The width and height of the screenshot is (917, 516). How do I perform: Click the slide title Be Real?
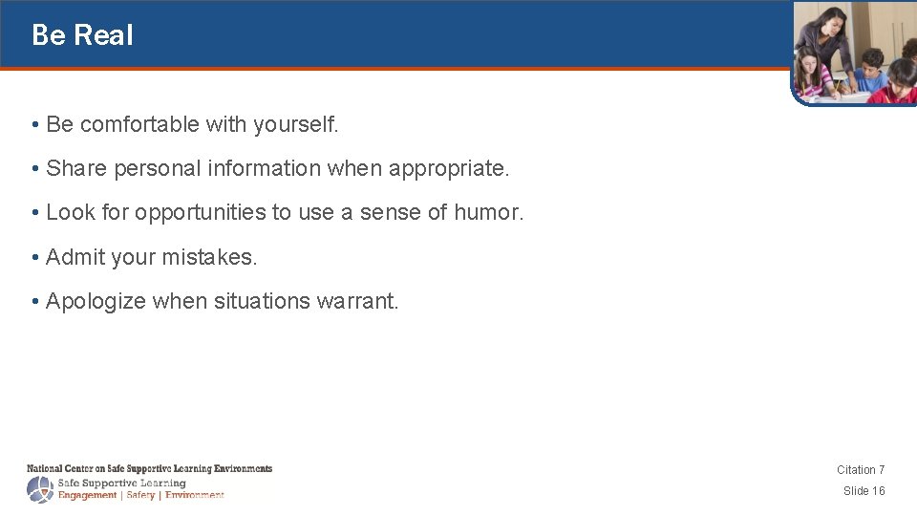coord(82,35)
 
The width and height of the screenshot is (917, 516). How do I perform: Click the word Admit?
coord(75,257)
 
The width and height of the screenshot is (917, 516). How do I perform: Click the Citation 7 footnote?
coord(861,469)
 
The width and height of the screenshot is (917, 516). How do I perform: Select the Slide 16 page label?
coord(864,490)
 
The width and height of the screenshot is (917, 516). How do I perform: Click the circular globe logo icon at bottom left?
coord(40,489)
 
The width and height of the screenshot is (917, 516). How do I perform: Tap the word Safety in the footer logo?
coord(139,495)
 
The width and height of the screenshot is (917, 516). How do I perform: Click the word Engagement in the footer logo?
coord(87,495)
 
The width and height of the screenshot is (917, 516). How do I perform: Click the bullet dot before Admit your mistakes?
coord(34,258)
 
